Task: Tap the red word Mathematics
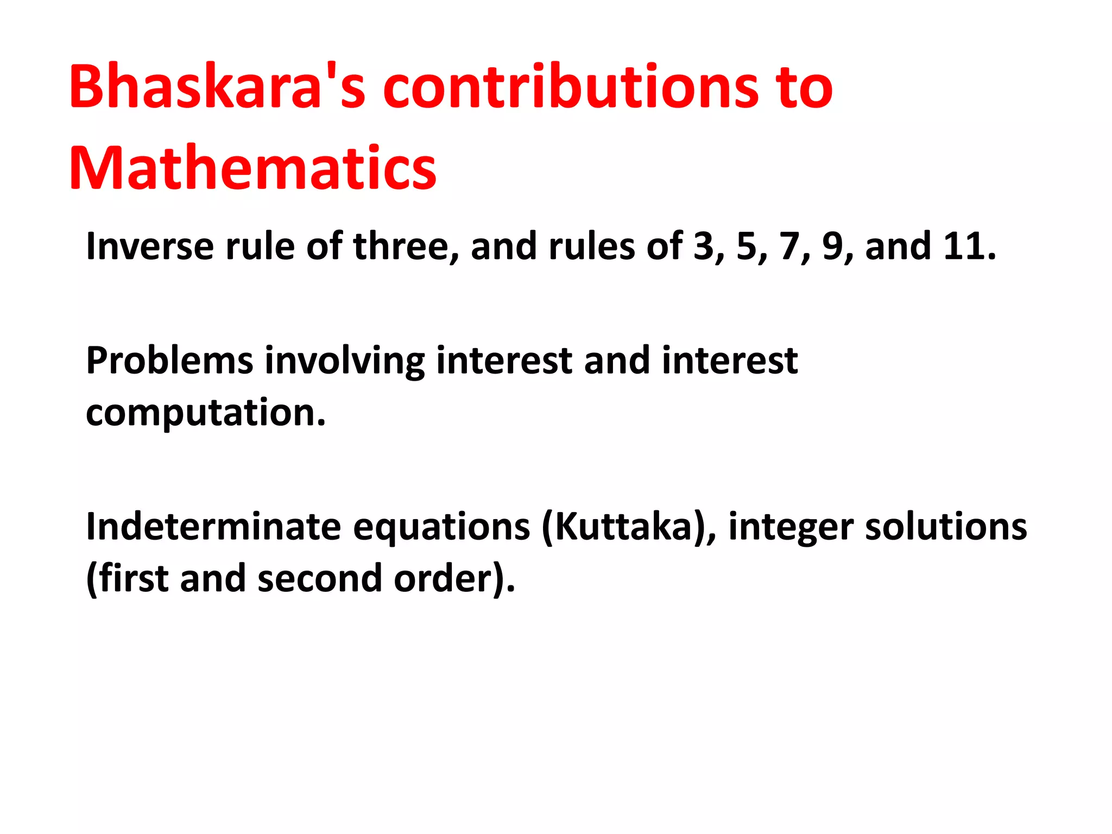click(x=252, y=168)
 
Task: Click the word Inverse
click(x=150, y=247)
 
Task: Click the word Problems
click(x=169, y=361)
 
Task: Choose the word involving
click(x=344, y=362)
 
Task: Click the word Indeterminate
click(x=213, y=527)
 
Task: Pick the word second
click(x=320, y=579)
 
